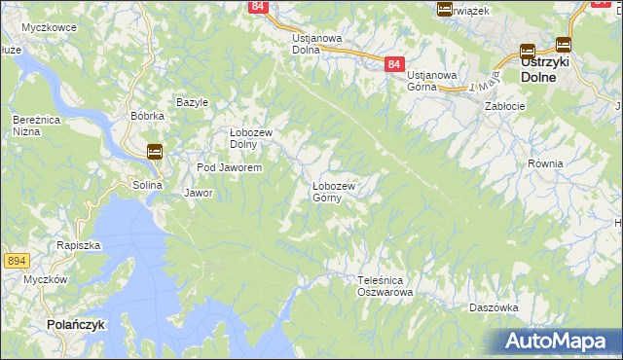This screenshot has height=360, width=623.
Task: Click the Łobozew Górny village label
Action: (x=333, y=192)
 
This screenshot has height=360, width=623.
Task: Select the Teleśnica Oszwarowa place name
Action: (x=385, y=285)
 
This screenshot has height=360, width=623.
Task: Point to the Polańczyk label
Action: (x=76, y=325)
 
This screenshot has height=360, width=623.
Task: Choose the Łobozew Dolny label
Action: (x=250, y=138)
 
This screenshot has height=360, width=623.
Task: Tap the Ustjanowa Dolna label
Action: (x=317, y=44)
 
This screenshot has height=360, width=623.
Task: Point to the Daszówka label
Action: (x=493, y=307)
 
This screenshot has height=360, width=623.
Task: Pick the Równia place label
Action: (x=545, y=163)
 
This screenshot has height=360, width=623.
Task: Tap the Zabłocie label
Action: (x=504, y=108)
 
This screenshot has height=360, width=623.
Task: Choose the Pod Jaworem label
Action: (x=230, y=167)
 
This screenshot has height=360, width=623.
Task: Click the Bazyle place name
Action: (x=193, y=102)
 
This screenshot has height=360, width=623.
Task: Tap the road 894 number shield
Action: (x=15, y=261)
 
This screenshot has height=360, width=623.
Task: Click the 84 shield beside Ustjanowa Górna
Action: (x=393, y=64)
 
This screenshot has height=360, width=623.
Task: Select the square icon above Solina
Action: (x=155, y=152)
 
